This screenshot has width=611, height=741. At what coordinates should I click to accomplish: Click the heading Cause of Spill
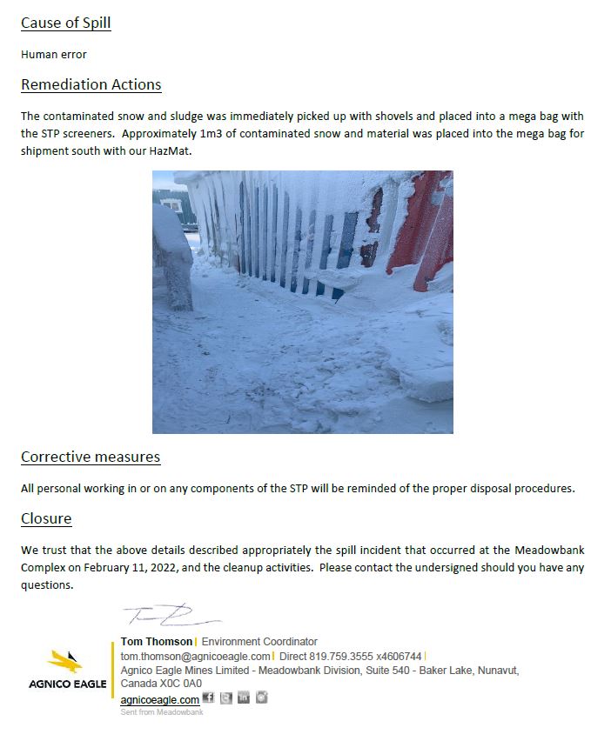[x=65, y=23]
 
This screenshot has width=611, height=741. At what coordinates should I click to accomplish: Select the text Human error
[x=53, y=54]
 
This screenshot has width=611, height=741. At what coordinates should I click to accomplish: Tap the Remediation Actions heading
[x=91, y=84]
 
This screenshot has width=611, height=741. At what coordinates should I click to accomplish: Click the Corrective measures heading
[x=90, y=457]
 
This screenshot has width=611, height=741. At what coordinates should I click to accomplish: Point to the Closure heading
[x=46, y=519]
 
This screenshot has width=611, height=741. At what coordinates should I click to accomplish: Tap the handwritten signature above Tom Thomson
[x=170, y=617]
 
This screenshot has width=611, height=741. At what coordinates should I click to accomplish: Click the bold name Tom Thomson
[x=157, y=642]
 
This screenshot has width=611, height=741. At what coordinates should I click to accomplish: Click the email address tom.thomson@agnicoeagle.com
[x=196, y=656]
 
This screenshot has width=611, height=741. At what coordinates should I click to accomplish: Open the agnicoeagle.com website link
[x=159, y=699]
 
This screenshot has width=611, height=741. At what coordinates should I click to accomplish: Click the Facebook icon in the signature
[x=208, y=698]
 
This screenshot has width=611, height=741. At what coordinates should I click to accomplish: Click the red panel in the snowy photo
[x=422, y=222]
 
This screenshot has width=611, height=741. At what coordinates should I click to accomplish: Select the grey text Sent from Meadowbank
[x=161, y=712]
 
